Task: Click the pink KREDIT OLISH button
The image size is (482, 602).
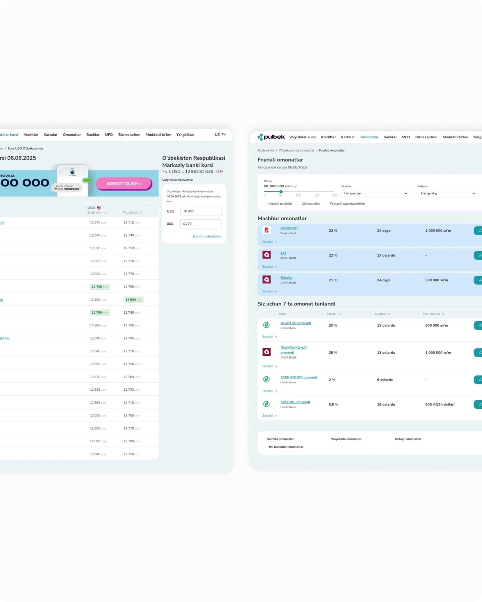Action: pos(124,184)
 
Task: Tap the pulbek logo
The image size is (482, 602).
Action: pos(271,137)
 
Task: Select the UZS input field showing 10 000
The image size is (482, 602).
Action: pos(200,211)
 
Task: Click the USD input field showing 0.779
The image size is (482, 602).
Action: pos(200,224)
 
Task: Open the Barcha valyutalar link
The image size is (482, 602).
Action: pos(207,236)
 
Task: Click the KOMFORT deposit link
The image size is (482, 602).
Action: pos(289,228)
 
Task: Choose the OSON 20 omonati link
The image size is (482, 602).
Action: pos(296,323)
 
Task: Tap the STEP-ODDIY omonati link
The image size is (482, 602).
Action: pos(299,377)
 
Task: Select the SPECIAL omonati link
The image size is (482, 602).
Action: pos(295,402)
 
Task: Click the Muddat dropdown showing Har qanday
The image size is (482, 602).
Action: pos(376,193)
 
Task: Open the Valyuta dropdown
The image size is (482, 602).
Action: pos(448,193)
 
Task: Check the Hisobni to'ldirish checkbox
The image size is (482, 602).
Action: pos(265,204)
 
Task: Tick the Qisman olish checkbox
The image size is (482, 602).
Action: pos(298,204)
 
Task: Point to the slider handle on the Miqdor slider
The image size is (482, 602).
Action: pos(281,192)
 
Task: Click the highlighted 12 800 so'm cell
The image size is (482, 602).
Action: pos(133,300)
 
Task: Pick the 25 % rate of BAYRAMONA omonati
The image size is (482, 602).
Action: pos(333,353)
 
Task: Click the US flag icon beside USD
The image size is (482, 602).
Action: pos(99,208)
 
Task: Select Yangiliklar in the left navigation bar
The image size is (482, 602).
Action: pos(185,135)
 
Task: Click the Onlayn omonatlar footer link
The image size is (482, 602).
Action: pos(408,439)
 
